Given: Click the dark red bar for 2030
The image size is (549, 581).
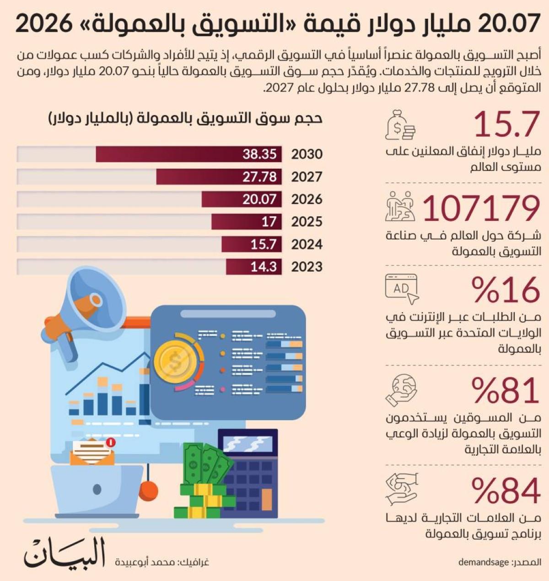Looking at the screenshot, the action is tap(188, 154).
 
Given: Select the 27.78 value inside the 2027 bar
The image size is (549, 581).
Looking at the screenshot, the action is tap(259, 177).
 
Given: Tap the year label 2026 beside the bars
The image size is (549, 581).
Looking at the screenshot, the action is tap(307, 199).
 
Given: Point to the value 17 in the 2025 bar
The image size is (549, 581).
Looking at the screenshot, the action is tap(269, 222).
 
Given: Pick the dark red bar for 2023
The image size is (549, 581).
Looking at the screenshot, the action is tap(254, 267).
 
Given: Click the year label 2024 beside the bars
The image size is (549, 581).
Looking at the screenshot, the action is tap(307, 244).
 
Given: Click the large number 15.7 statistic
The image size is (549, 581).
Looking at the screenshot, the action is tap(507, 124).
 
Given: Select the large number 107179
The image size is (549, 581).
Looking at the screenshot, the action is tap(481, 208).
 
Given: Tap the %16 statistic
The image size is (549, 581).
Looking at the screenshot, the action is tap(506, 290).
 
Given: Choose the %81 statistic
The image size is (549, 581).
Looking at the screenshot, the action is tap(506, 390).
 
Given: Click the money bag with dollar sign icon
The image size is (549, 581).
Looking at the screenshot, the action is tap(400, 125).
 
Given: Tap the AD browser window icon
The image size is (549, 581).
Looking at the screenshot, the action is tap(402, 289).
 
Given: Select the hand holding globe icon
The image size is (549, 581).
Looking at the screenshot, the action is tap(401, 390).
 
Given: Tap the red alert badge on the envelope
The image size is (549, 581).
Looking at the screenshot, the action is tap(110, 442).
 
